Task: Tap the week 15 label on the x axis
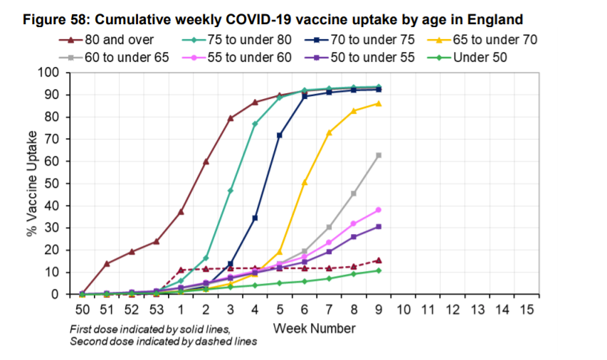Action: point(527,309)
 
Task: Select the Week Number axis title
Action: point(314,328)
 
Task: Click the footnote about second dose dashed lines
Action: point(163,342)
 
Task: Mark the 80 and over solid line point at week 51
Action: point(107,263)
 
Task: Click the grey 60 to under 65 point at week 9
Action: point(379,155)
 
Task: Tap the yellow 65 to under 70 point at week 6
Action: point(305,183)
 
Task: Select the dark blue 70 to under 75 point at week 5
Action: point(280,135)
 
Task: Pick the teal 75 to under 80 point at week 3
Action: point(231,191)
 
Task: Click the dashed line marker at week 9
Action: point(379,260)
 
